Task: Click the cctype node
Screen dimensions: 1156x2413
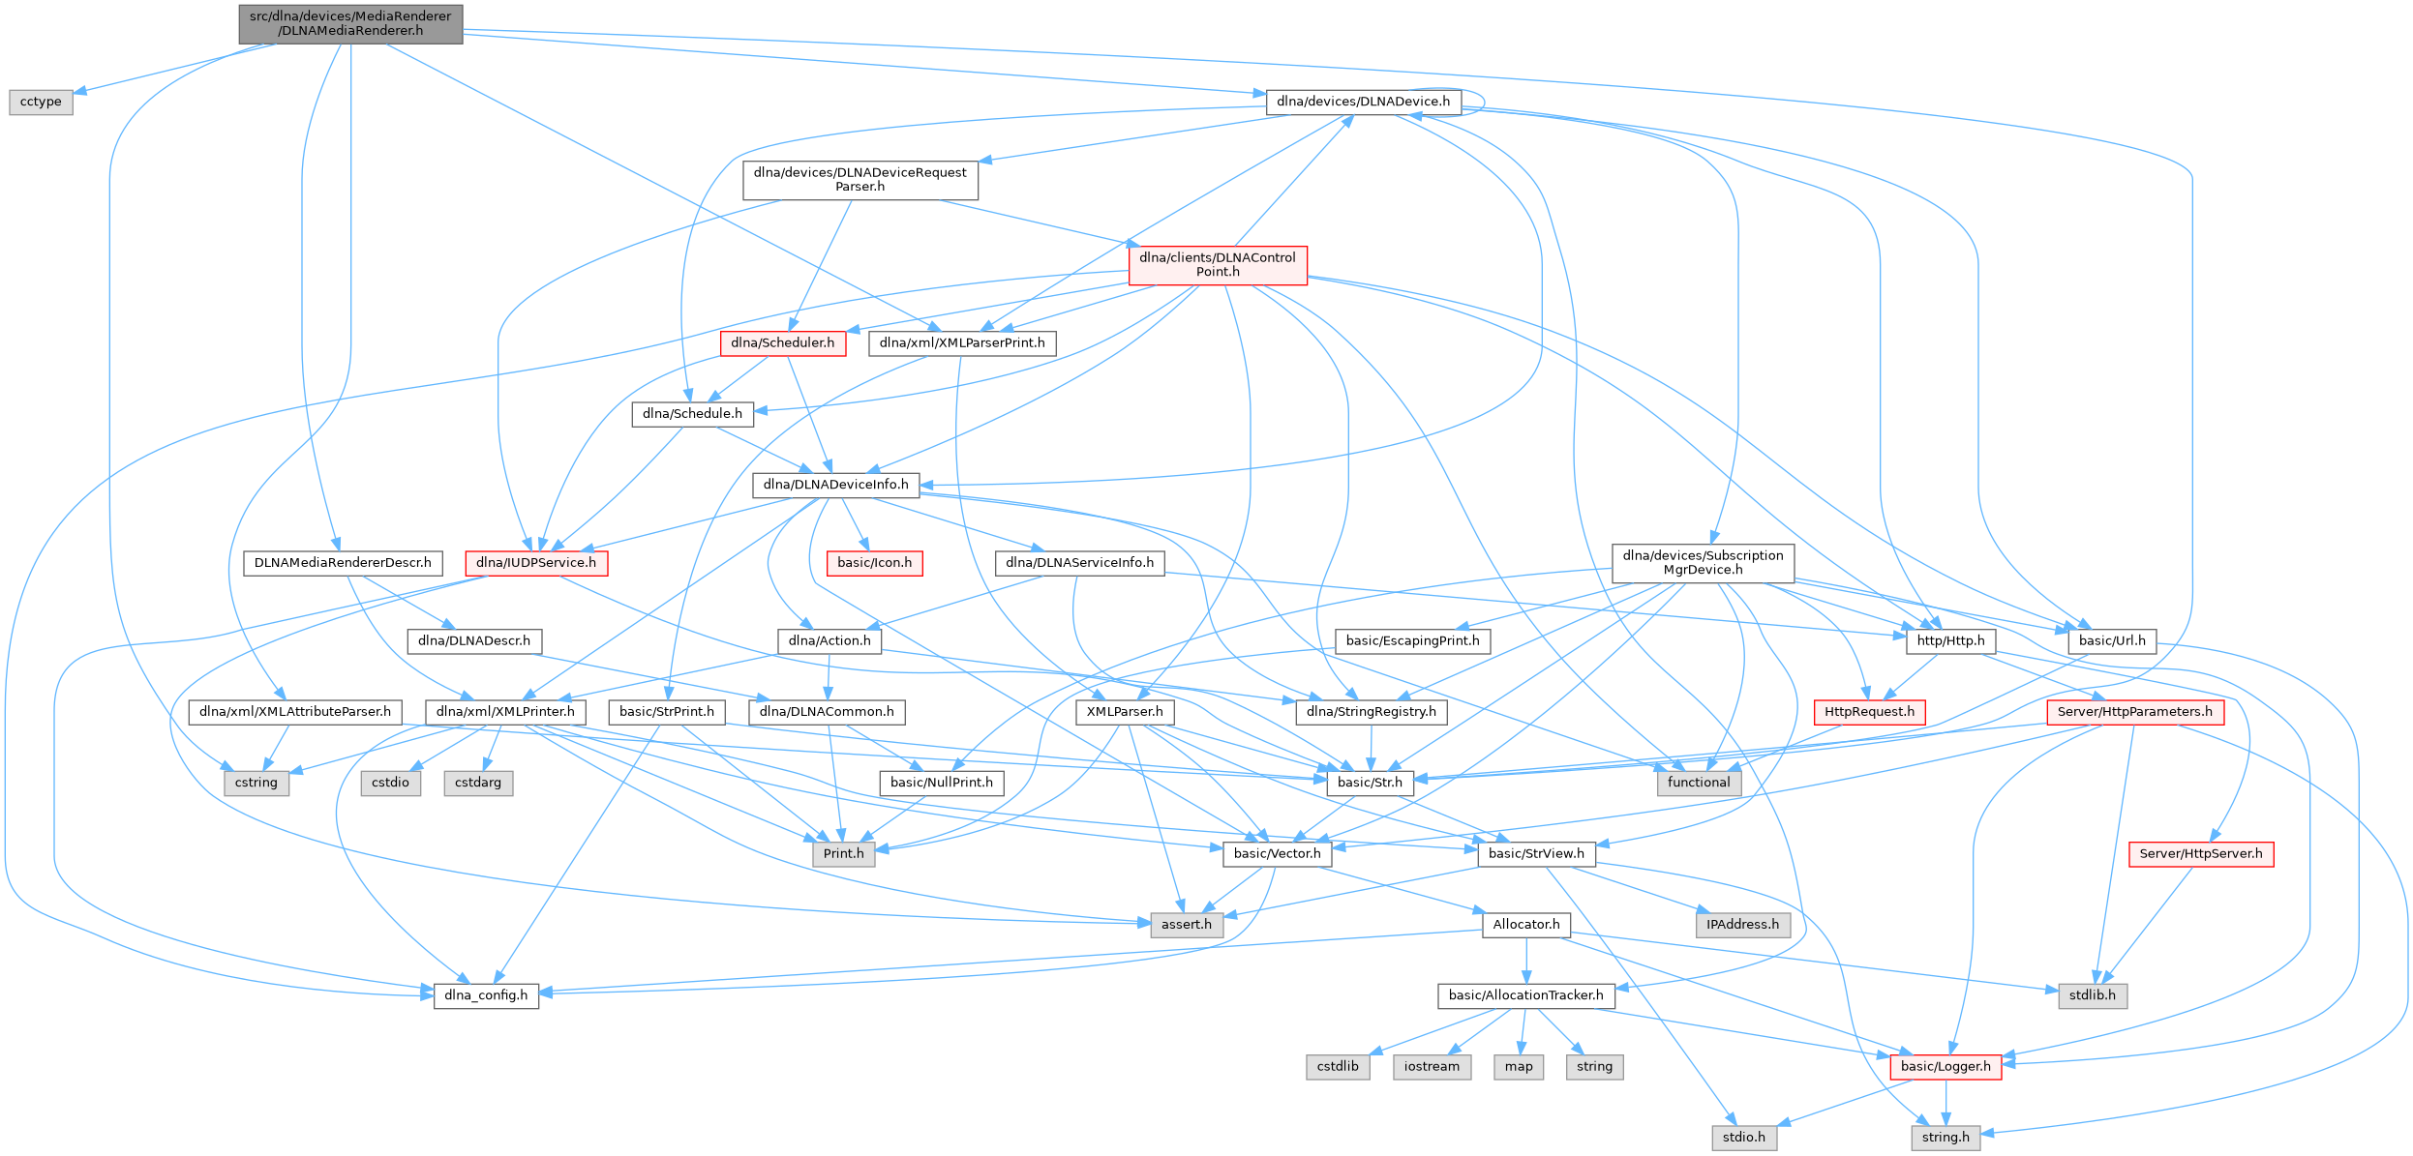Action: coord(41,102)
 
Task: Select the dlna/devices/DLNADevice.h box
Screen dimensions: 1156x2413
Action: coord(1363,102)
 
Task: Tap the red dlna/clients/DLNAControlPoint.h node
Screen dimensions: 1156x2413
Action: coord(1218,265)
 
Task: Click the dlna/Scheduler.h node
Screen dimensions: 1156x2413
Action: coord(782,343)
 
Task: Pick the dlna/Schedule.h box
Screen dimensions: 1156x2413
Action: coord(692,414)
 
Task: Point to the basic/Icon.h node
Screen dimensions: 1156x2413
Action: coord(874,563)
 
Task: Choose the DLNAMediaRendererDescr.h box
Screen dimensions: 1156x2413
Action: coord(343,563)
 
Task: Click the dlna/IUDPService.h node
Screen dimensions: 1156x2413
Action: coord(536,563)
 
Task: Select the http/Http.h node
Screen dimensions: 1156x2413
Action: coord(1950,640)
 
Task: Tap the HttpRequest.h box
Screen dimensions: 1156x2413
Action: coord(1869,712)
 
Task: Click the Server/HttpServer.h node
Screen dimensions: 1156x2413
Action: coord(2200,854)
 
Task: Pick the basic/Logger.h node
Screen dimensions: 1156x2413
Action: coord(1945,1067)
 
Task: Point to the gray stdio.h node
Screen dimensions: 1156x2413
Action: coord(1743,1138)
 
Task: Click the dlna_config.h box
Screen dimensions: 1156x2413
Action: coord(486,995)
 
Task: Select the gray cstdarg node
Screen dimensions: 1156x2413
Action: coord(478,783)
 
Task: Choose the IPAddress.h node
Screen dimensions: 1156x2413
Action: coord(1742,925)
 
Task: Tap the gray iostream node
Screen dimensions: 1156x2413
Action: coord(1432,1067)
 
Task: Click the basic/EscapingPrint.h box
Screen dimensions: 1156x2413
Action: coord(1412,640)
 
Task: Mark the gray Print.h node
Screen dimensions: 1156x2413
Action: coord(843,854)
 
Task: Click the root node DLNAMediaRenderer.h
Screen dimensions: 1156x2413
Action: coord(350,23)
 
